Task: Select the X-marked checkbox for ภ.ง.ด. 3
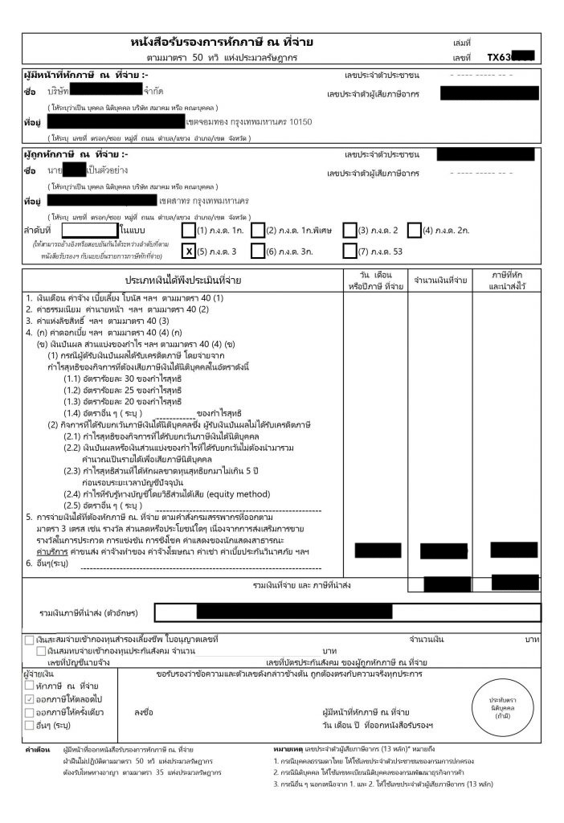pyautogui.click(x=189, y=252)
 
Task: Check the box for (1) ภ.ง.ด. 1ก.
pyautogui.click(x=189, y=230)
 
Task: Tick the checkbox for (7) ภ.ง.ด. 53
pyautogui.click(x=349, y=252)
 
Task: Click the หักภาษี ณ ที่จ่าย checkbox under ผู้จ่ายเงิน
pyautogui.click(x=30, y=685)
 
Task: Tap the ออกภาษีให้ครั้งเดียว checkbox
pyautogui.click(x=30, y=712)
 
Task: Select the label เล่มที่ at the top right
pyautogui.click(x=462, y=42)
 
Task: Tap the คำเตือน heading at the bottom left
pyautogui.click(x=37, y=749)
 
